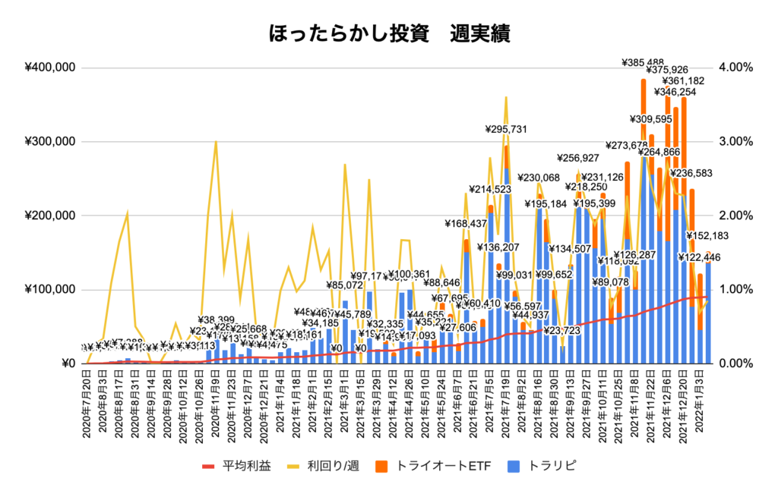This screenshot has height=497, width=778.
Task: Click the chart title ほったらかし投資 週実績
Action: click(389, 34)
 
